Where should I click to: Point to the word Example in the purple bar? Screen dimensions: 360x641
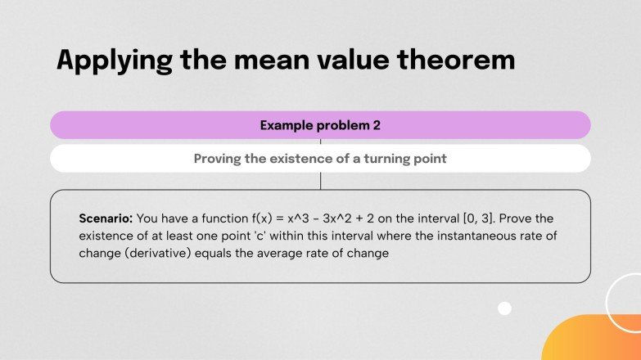[x=287, y=125]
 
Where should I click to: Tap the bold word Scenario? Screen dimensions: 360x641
[x=106, y=218]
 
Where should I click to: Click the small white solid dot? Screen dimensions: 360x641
[x=505, y=308]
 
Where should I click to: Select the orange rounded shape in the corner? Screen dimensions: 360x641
[x=594, y=339]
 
